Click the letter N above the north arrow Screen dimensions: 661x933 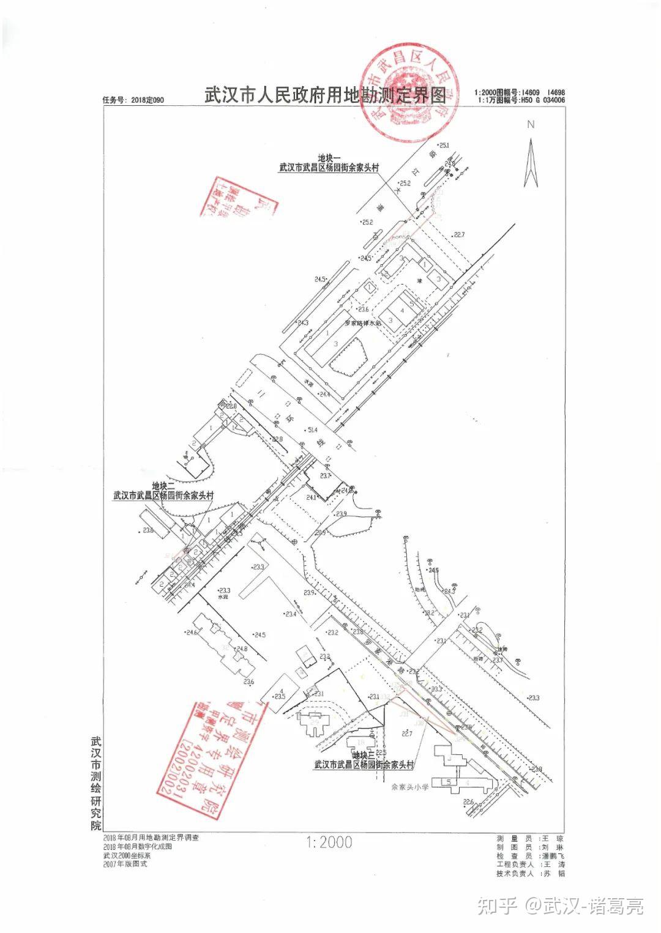coord(531,124)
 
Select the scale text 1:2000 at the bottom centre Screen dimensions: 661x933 coord(329,842)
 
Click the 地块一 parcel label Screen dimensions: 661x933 coord(329,157)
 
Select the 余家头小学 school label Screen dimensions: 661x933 coord(412,787)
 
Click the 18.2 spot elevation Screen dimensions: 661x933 coord(429,612)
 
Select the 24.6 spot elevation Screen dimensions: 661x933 coord(193,633)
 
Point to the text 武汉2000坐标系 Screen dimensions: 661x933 coord(127,855)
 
